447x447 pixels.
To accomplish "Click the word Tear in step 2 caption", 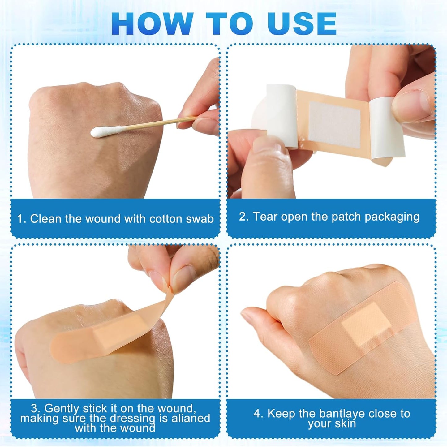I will coord(265,217).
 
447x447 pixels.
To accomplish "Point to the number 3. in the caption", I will coord(36,409).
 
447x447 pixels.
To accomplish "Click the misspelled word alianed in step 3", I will coord(191,418).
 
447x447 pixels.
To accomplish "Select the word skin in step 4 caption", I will coord(346,423).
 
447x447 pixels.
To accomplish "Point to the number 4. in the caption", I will coord(258,414).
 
